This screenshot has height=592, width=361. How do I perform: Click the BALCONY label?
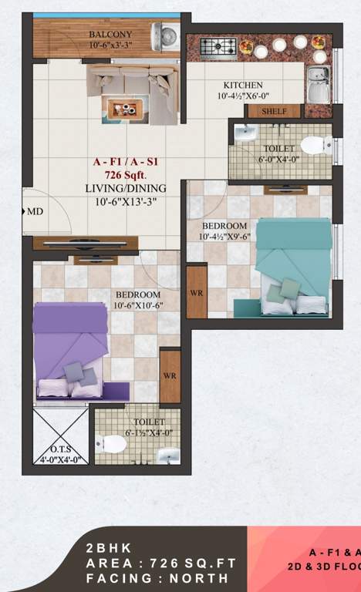(x=110, y=35)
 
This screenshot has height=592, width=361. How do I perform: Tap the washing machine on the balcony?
(x=166, y=37)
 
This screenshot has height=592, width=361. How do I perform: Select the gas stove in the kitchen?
(x=218, y=46)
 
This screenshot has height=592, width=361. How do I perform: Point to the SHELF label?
(x=274, y=111)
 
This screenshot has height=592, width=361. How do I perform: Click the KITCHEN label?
(x=243, y=86)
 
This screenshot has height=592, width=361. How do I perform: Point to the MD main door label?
(x=35, y=210)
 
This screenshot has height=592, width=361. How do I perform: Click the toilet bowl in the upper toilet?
(x=315, y=145)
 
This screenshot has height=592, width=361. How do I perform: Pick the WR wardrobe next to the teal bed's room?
(x=197, y=291)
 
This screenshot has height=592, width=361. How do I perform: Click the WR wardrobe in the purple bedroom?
(x=170, y=375)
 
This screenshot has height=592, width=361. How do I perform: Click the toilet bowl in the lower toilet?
(x=107, y=445)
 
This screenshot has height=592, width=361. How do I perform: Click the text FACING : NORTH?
(x=157, y=577)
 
